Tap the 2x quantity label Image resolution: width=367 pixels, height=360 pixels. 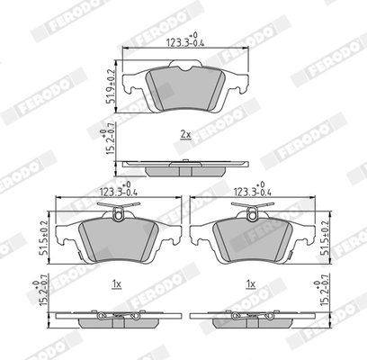[184, 134]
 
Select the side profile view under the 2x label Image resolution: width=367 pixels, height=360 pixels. [184, 166]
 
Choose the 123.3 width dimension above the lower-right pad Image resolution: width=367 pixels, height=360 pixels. [253, 191]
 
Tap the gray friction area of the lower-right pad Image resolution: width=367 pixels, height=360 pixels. [253, 238]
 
